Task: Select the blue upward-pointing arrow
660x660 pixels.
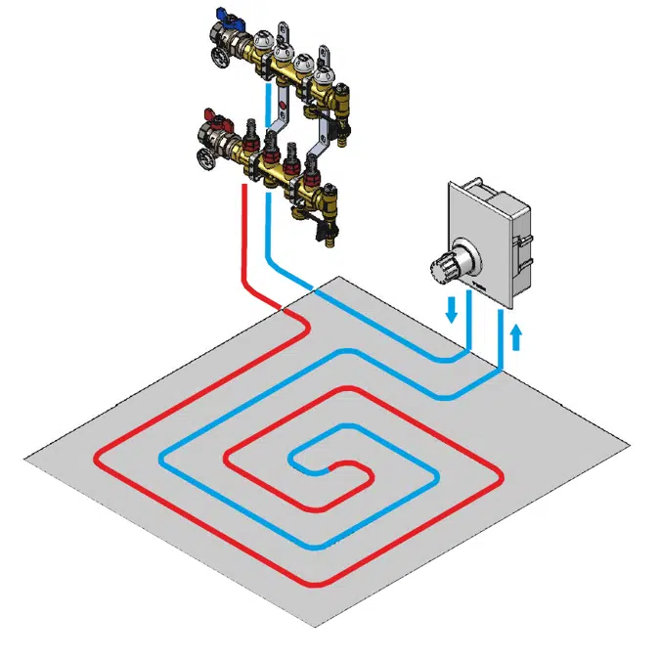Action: [x=517, y=337]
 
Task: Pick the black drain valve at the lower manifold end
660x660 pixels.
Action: [x=322, y=230]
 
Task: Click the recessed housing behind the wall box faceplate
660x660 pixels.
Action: [x=518, y=235]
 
